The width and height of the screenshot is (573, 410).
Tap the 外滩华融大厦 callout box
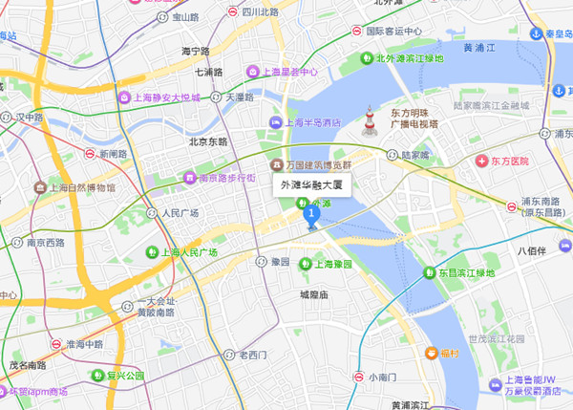pyautogui.click(x=312, y=185)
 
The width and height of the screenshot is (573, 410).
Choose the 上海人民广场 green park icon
pyautogui.click(x=151, y=252)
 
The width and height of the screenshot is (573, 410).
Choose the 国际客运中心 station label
pyautogui.click(x=393, y=31)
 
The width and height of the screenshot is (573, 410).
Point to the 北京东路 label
pyautogui.click(x=208, y=141)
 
